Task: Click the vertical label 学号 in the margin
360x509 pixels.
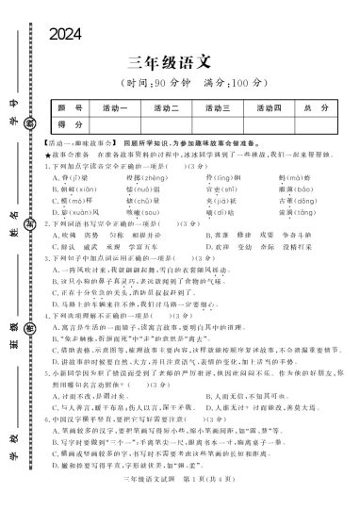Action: coord(15,100)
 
